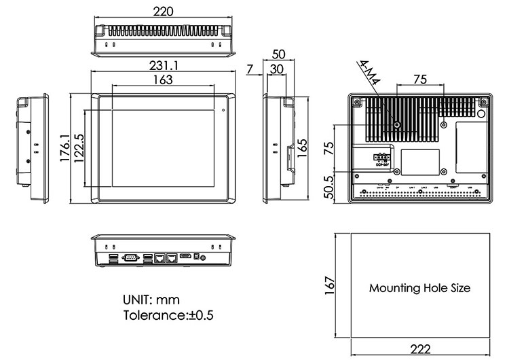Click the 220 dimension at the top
coord(164,12)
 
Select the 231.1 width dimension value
coord(164,66)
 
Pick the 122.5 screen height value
coord(79,148)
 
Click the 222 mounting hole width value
coord(420,349)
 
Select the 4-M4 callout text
coord(370,73)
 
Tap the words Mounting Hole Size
coord(419,288)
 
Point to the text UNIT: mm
coord(151,300)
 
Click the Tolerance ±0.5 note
coord(168,316)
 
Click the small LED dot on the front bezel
coord(223,109)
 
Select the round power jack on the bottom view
coord(197,258)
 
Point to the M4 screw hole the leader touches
coord(399,126)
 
